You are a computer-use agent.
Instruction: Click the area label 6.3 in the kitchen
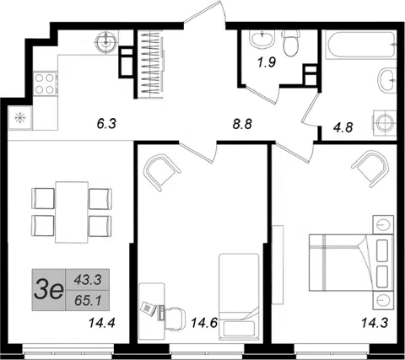pyautogui.click(x=106, y=124)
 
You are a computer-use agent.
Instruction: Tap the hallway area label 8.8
pyautogui.click(x=242, y=124)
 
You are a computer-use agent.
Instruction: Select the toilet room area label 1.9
pyautogui.click(x=267, y=62)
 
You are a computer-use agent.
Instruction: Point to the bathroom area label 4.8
pyautogui.click(x=343, y=127)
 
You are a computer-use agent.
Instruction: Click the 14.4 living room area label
pyautogui.click(x=102, y=323)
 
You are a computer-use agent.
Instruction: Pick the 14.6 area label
pyautogui.click(x=204, y=323)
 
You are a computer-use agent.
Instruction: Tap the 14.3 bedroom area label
pyautogui.click(x=375, y=323)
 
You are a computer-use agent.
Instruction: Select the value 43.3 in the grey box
pyautogui.click(x=88, y=280)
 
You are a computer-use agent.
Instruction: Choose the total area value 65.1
pyautogui.click(x=88, y=301)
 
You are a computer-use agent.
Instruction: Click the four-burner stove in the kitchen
pyautogui.click(x=46, y=83)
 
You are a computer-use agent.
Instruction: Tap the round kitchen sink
pyautogui.click(x=105, y=43)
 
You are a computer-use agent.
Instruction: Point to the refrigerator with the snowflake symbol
pyautogui.click(x=20, y=117)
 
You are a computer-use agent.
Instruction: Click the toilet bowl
pyautogui.click(x=291, y=43)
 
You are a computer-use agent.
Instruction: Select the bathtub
pyautogui.click(x=361, y=45)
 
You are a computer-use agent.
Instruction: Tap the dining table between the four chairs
pyautogui.click(x=72, y=212)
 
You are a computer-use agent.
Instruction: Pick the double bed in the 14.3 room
pyautogui.click(x=351, y=263)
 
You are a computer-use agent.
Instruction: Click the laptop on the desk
pyautogui.click(x=148, y=309)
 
